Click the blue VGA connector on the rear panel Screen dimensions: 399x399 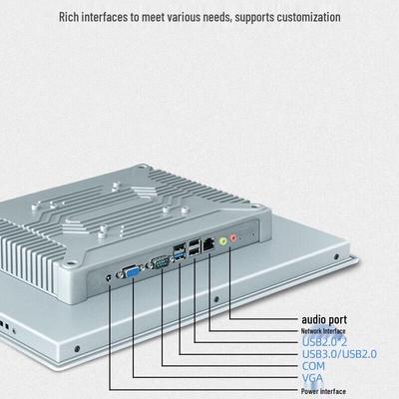click(x=133, y=273)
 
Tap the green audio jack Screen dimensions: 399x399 click(x=223, y=240)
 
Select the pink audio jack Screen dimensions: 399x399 click(x=233, y=237)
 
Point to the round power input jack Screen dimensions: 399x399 click(x=109, y=277)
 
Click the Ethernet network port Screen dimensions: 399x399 click(x=208, y=244)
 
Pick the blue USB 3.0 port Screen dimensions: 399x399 click(x=181, y=256)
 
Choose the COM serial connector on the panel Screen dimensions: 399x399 click(x=161, y=263)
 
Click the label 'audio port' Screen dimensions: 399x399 click(x=324, y=320)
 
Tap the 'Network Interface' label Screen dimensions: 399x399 click(x=323, y=331)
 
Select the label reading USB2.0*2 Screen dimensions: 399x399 click(x=324, y=341)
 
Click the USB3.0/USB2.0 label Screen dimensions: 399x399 click(x=339, y=354)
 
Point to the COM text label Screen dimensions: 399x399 click(x=313, y=366)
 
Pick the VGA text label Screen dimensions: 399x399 click(x=312, y=378)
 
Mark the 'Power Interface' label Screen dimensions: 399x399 click(x=323, y=391)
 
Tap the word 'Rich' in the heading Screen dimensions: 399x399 click(x=69, y=17)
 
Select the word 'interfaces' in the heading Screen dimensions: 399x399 click(x=105, y=17)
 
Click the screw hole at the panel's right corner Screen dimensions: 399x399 click(x=336, y=256)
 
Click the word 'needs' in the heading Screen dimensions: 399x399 click(x=216, y=18)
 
